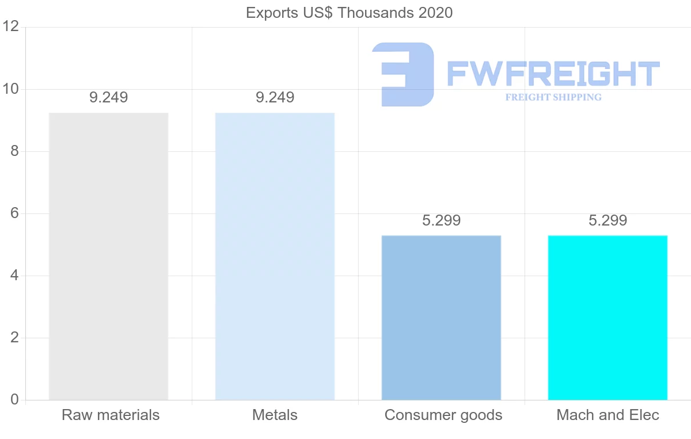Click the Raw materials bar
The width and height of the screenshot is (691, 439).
coord(108,256)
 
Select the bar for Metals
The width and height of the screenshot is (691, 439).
coord(275,256)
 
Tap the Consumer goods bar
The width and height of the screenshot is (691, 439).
coord(441,318)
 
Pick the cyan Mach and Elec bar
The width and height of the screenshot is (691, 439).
coord(608,318)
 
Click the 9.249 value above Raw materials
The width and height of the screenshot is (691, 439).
coord(109,98)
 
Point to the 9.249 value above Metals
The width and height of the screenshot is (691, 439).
coord(275,98)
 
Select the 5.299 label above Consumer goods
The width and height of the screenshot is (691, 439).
coord(441,220)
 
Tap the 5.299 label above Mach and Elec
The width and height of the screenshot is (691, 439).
coord(608,220)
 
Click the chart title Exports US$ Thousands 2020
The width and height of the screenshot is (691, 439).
coord(350,13)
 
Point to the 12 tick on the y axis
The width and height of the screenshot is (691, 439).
coord(12,27)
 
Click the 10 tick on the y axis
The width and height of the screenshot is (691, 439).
coord(12,89)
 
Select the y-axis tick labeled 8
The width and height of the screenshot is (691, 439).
coord(15,151)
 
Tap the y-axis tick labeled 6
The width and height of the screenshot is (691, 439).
coord(15,213)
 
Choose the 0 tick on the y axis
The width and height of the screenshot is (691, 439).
coord(15,400)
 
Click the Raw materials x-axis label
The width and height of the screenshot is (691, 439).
coord(111,415)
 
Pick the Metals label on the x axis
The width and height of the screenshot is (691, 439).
coord(275,415)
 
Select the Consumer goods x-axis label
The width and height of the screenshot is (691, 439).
coord(443,415)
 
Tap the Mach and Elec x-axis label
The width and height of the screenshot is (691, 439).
coord(608,415)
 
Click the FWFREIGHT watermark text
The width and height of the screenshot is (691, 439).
coord(553,74)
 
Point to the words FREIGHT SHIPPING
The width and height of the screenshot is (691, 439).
coord(553,97)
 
